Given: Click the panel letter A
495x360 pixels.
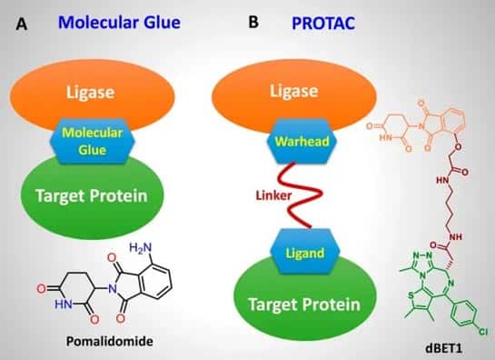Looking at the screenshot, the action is point(22,24).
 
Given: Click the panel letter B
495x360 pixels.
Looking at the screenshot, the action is point(253,22).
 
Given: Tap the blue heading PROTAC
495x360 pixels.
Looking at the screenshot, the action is point(323,23).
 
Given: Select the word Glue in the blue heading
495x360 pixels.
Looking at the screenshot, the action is point(162,23).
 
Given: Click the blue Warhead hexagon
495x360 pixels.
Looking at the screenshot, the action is point(302,141).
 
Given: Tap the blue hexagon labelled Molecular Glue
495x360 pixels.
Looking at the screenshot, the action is point(92,141).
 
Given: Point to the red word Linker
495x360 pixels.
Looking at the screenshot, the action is point(273,195).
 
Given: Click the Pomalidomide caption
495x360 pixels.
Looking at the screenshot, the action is point(110,342).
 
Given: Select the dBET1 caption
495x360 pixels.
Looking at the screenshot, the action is point(443,348).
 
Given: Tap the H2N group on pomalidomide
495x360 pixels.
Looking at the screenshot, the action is point(141,248).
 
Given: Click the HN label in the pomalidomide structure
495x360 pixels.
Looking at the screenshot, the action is point(64,305).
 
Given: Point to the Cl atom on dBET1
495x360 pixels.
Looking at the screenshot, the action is point(483,331).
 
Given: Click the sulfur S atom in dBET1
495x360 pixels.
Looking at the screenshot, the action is point(411,295).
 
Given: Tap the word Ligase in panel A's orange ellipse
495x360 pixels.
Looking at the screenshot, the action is point(90,93).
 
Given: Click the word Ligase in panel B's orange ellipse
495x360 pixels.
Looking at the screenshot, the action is point(294,91).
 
